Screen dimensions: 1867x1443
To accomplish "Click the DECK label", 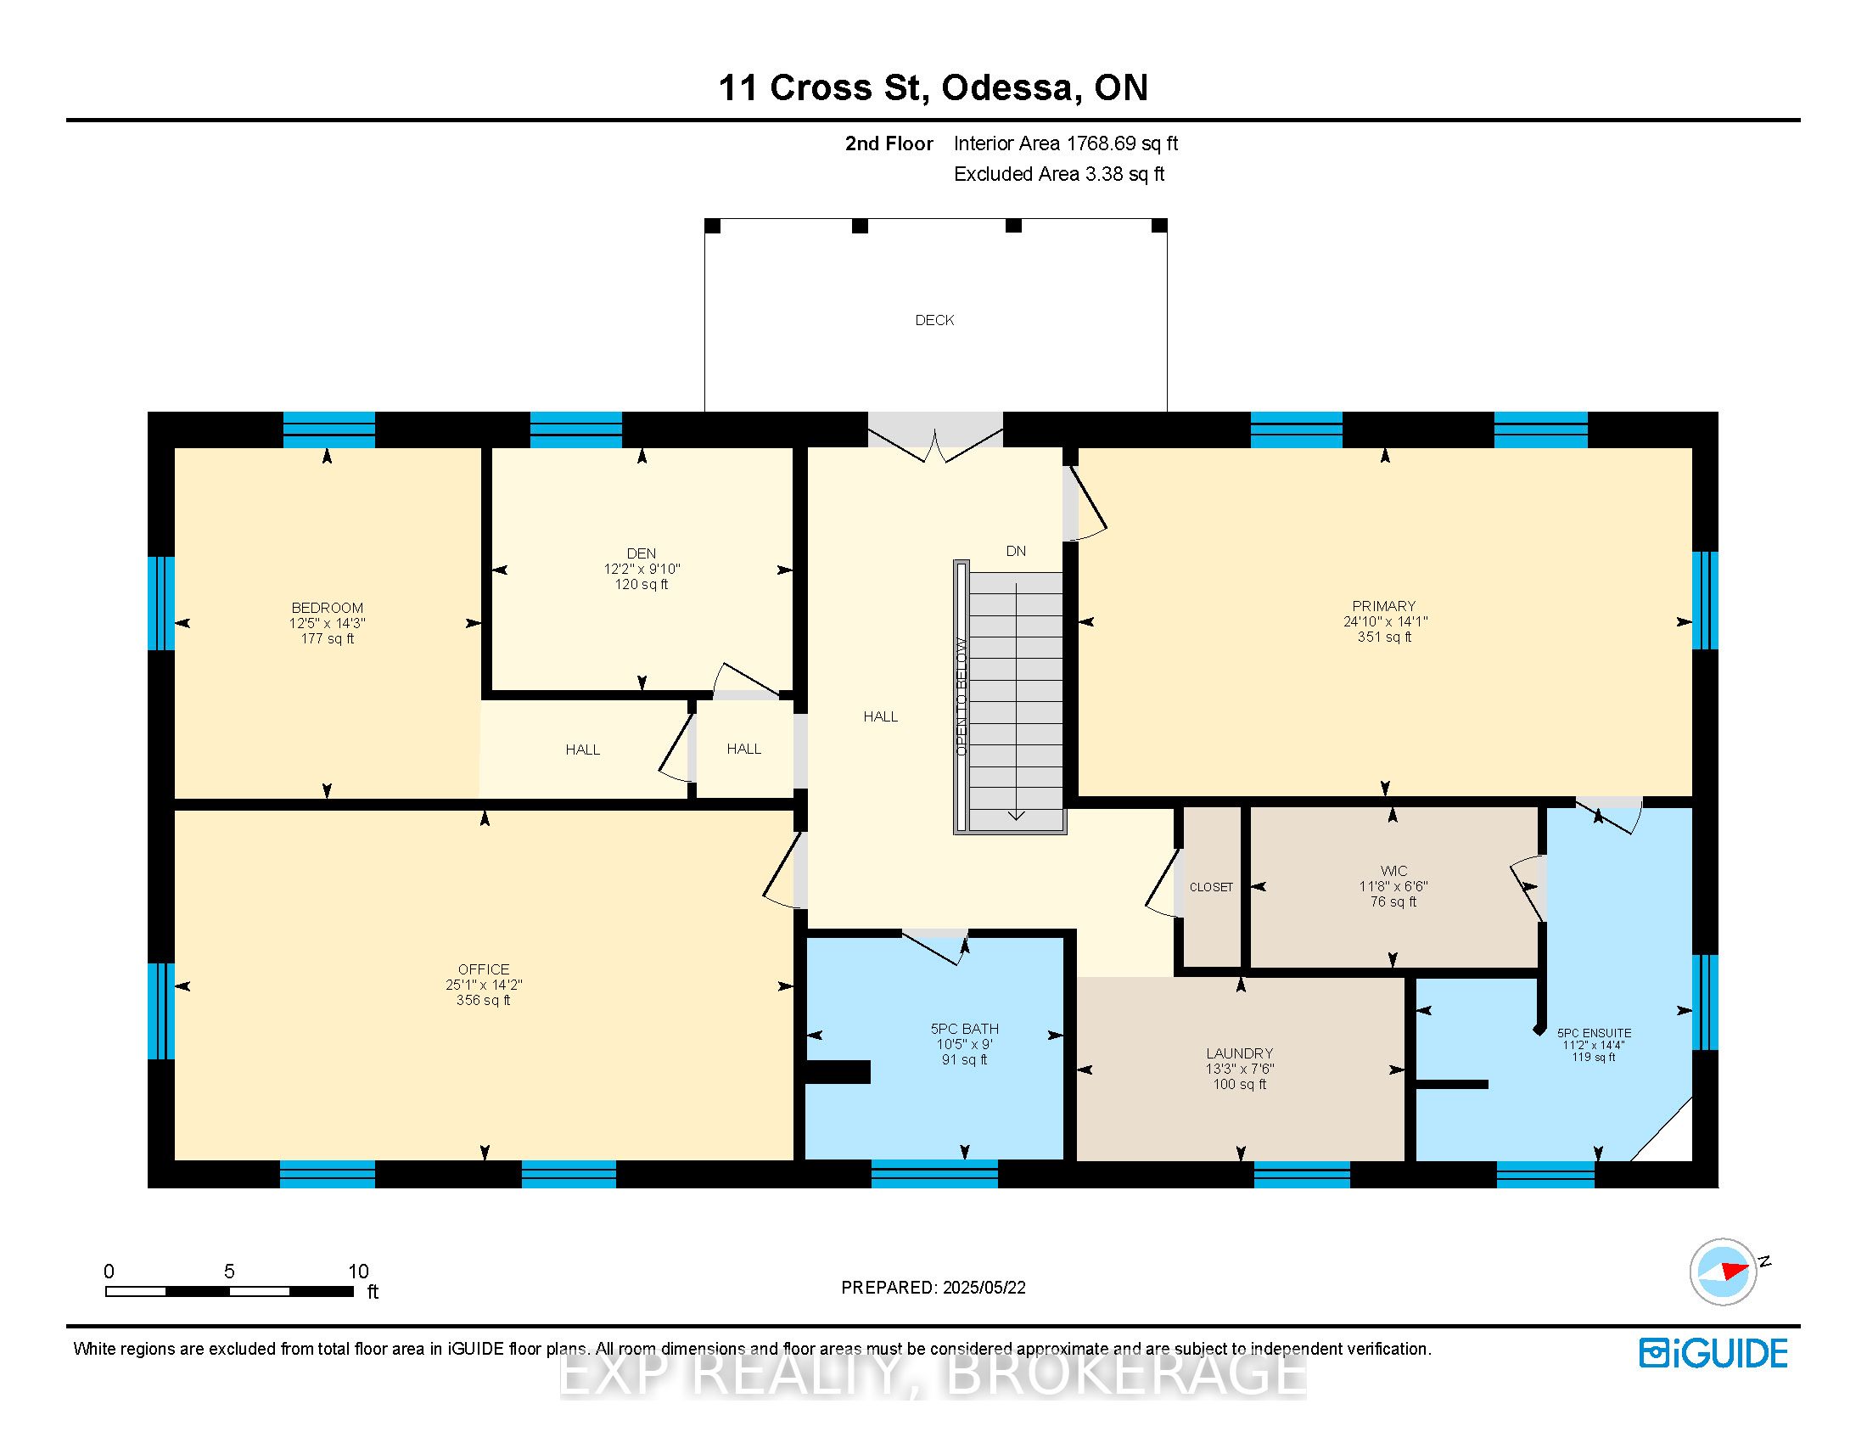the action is coord(934,320).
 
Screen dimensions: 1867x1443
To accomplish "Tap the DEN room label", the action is coord(641,553).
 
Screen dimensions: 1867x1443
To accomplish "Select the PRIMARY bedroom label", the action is coord(1384,606).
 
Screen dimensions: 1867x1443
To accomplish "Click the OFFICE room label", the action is coord(484,969).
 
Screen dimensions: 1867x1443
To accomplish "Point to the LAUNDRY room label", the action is coord(1240,1053).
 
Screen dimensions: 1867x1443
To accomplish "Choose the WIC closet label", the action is coord(1393,871).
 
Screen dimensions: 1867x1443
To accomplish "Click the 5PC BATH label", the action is coord(964,1030).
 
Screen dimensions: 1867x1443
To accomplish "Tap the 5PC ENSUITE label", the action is coord(1595,1033).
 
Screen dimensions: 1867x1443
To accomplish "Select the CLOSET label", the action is coord(1211,887).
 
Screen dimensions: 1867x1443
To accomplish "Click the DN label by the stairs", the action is coord(1016,552).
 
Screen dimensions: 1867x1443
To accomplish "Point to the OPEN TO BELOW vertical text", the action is coord(961,696).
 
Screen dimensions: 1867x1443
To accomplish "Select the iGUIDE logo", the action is coord(1713,1353).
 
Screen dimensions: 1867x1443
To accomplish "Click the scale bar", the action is coord(229,1291).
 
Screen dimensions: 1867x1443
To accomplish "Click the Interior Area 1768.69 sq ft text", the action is coord(1066,143).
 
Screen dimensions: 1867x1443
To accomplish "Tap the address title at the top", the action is coord(933,87).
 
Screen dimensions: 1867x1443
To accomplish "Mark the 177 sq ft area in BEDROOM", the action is coord(328,638).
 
